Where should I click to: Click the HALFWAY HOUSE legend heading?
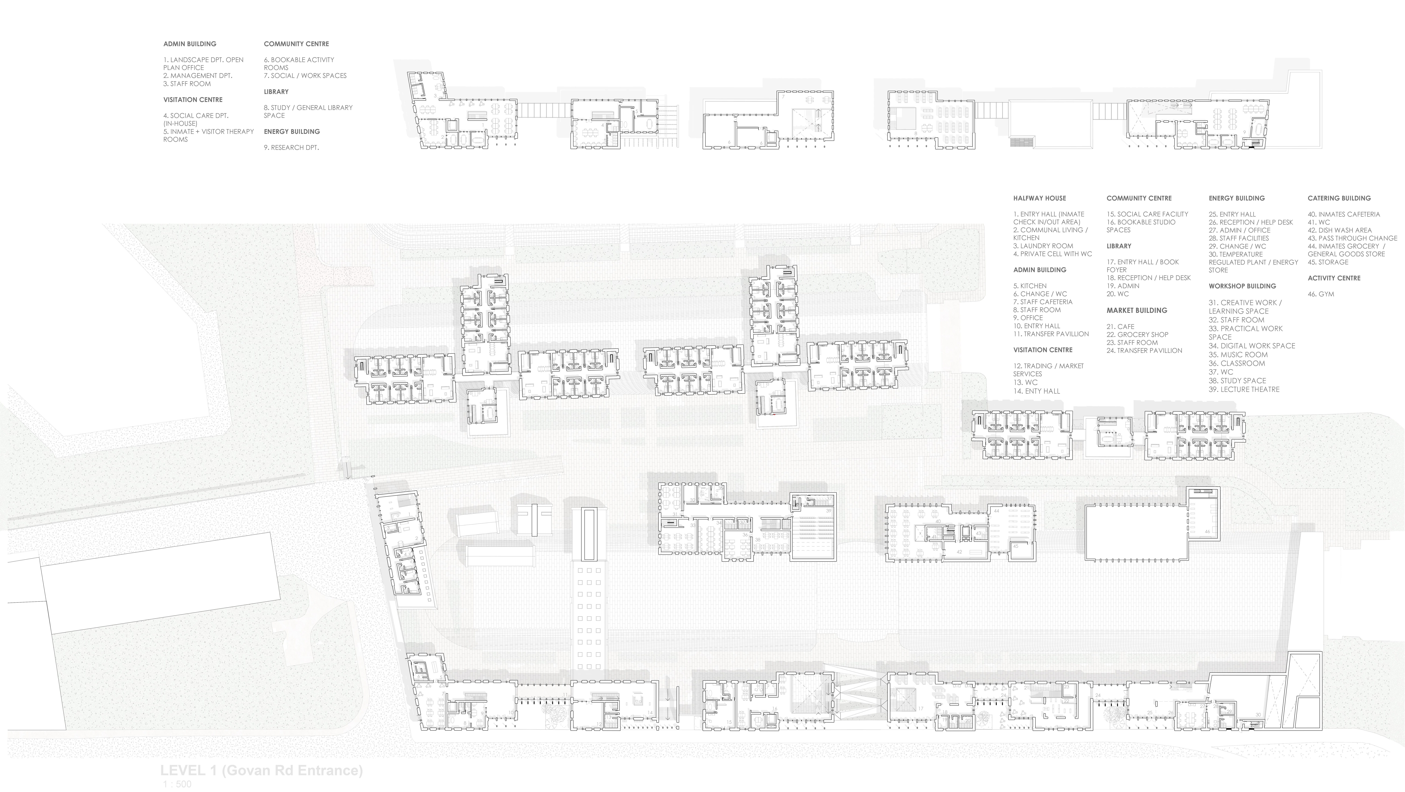(1039, 198)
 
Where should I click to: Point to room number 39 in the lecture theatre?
(828, 511)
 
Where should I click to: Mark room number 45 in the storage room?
(1016, 546)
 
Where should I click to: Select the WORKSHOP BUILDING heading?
(1242, 286)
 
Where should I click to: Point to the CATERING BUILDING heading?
(1338, 198)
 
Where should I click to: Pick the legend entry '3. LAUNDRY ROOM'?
(1043, 246)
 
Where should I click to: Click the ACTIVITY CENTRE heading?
(1334, 278)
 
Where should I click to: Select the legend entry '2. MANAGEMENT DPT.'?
(197, 76)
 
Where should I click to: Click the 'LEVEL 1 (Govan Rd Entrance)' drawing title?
(261, 770)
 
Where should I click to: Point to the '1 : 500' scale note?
(177, 784)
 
